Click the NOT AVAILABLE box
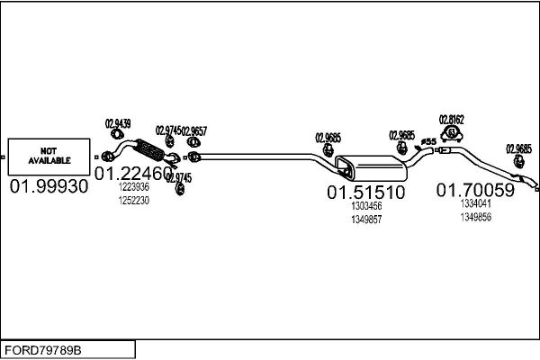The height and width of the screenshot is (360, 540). [x=49, y=157]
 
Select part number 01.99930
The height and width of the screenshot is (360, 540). [x=49, y=186]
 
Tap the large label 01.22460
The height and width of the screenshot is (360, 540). [x=133, y=174]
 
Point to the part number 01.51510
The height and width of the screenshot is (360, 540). [x=365, y=193]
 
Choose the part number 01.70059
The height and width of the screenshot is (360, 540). [x=475, y=190]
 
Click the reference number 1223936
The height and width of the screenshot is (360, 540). [x=133, y=187]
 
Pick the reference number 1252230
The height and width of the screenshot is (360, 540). [x=133, y=201]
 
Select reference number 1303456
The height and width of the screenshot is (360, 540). [x=366, y=206]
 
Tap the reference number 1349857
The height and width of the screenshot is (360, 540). [x=366, y=220]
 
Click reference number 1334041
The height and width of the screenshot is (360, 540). [x=475, y=203]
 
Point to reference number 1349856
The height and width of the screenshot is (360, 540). [x=475, y=217]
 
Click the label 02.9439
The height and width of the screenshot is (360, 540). [x=118, y=123]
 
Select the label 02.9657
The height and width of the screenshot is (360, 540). [x=194, y=130]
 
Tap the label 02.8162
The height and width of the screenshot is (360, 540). [x=451, y=120]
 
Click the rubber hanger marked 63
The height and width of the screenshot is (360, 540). [x=452, y=133]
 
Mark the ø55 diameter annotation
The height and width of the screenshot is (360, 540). [x=428, y=141]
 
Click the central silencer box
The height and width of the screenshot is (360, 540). [x=371, y=167]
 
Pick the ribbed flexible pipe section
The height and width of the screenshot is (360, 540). [x=149, y=150]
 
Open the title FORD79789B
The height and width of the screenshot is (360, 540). [x=43, y=350]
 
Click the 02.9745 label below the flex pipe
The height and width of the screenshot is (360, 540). [x=179, y=178]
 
